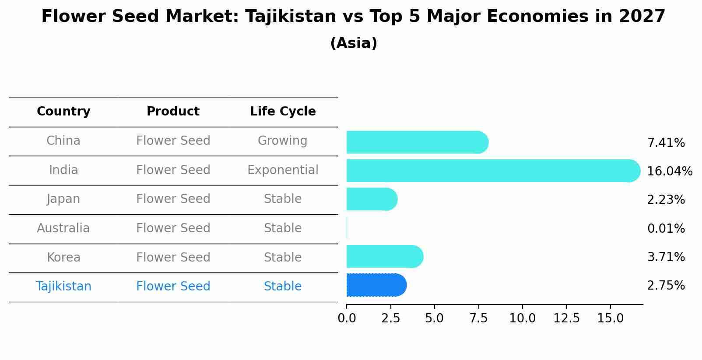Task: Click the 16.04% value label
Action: pos(669,171)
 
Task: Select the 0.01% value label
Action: pos(666,228)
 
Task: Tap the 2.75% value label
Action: pos(666,286)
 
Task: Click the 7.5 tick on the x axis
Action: pos(478,318)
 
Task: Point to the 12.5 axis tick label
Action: pos(566,318)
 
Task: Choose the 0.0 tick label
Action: pos(347,318)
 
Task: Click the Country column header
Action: pos(63,112)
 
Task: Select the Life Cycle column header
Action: pos(283,112)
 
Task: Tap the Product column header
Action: pos(173,112)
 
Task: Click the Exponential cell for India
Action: pos(283,170)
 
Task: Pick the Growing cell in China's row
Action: pos(282,141)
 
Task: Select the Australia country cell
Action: pos(63,228)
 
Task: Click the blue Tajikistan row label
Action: pos(63,287)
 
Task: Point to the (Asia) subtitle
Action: pos(354,43)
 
